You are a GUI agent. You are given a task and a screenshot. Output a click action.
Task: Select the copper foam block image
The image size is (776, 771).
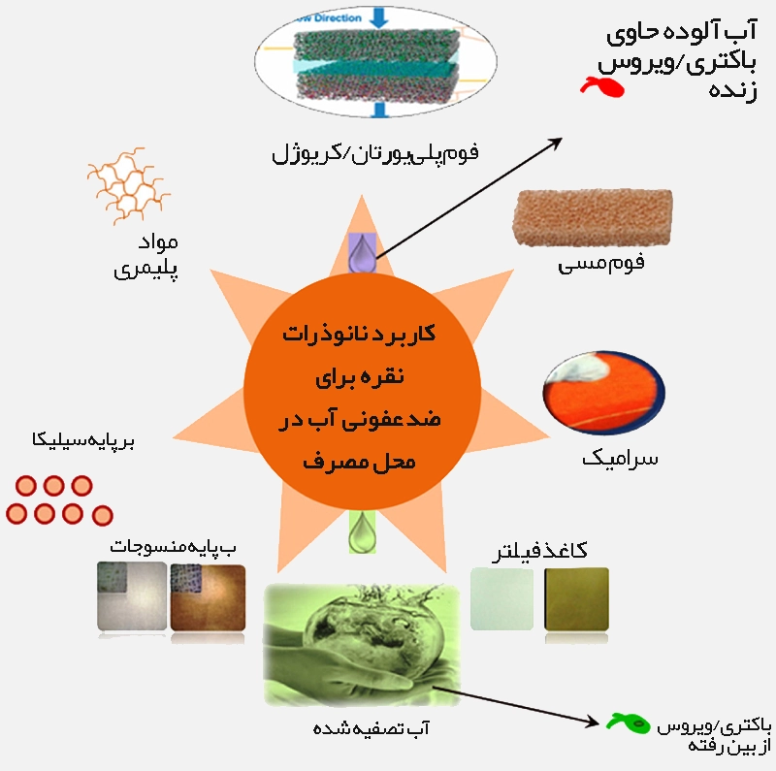tap(579, 218)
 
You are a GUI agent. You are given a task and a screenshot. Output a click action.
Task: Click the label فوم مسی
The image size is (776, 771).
tap(601, 263)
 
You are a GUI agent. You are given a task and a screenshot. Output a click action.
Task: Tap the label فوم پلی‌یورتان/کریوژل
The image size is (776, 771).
tap(376, 153)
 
